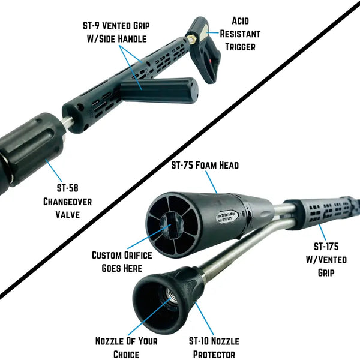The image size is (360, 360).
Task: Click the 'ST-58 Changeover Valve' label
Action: pos(67,202)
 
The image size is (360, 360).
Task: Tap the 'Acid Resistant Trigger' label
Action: pos(240,34)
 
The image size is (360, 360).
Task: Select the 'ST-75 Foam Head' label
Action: pos(205,165)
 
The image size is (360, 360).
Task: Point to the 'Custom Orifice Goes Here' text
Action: pos(122,262)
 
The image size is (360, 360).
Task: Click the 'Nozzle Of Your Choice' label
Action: pos(127,347)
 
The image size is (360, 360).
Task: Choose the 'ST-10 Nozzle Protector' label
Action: pos(214,347)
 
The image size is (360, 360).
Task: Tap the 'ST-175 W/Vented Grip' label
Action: pos(326,259)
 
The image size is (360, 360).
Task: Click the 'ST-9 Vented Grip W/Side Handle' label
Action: pos(116,32)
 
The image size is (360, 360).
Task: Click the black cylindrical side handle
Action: pos(159,90)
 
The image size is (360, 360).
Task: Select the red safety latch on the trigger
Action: pos(211,62)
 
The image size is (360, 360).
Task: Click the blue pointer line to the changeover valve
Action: pos(54,170)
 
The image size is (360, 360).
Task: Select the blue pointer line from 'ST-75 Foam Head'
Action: pos(211,182)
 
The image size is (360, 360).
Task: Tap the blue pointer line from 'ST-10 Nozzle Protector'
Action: pos(205,319)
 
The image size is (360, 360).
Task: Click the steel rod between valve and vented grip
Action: pos(68,122)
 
